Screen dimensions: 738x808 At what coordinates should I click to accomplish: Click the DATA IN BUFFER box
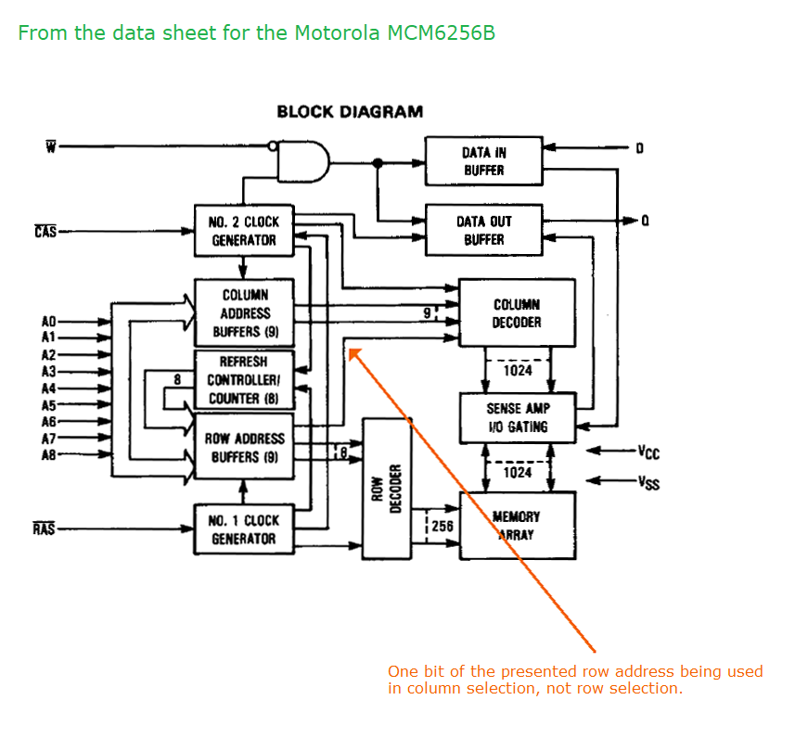coord(483,161)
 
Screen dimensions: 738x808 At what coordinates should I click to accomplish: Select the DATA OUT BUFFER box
coord(483,230)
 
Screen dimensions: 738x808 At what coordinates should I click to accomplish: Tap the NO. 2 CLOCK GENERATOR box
coord(243,231)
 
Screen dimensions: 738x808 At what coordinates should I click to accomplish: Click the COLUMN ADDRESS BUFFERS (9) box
coord(243,313)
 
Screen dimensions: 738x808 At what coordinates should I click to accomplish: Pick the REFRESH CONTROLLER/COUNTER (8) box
coord(243,380)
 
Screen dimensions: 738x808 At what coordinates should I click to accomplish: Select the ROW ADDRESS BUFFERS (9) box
coord(243,448)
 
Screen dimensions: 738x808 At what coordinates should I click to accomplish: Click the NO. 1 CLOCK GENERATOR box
coord(243,529)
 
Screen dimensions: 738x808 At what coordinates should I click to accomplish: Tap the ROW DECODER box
coord(386,489)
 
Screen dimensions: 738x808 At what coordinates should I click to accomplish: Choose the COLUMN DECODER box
coord(517,313)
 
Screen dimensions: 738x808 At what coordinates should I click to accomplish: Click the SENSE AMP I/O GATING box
coord(517,417)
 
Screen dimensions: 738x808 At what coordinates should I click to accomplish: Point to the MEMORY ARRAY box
coord(517,525)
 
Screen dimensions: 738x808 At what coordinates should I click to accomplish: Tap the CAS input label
coord(45,231)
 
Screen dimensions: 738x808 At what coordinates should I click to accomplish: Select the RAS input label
coord(44,529)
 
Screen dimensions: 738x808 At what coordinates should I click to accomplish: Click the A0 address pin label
coord(49,322)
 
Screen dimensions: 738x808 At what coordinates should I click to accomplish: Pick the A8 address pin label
coord(49,455)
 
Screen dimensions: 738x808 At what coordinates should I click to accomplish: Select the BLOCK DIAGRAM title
coord(350,112)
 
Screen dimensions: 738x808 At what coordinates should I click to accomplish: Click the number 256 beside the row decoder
coord(442,526)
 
